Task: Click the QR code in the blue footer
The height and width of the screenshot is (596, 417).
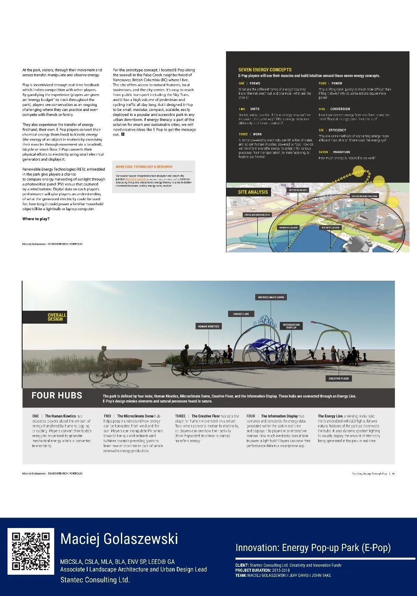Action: pos(31,551)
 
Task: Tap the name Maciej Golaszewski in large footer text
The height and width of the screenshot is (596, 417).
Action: pos(119,539)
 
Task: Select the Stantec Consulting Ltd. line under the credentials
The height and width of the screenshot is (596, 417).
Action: pos(95,580)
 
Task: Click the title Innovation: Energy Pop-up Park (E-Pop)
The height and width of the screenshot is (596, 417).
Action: pos(313,548)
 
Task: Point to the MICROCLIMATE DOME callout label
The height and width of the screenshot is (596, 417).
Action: pos(271,297)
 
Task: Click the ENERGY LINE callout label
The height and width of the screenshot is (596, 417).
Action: pos(241,314)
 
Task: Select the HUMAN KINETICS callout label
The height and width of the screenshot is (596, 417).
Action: pos(208,326)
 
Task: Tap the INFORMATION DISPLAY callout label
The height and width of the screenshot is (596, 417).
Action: pos(291,326)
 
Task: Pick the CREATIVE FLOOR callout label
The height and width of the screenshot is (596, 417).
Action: pos(339,378)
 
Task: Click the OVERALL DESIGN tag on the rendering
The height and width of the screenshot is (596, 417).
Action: pos(57,317)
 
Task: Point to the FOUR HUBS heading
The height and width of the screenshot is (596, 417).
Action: pos(57,395)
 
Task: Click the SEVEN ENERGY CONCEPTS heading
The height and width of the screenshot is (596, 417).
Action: pos(265,70)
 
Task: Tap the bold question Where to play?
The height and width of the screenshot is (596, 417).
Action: pos(36,219)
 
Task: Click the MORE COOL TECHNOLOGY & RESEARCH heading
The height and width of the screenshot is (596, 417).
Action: pos(144,167)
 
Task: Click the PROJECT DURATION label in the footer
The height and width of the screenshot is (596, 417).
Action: pos(253,570)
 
